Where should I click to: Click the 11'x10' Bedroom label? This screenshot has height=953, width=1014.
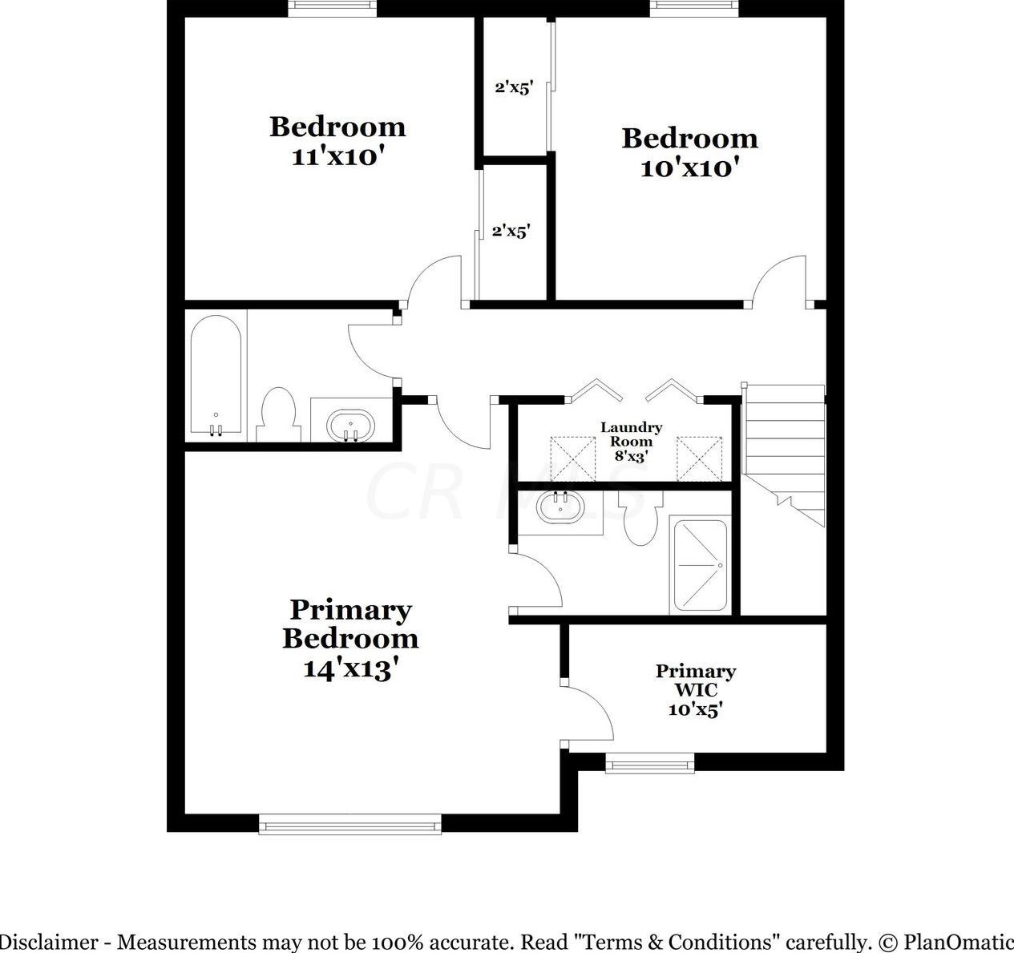click(337, 140)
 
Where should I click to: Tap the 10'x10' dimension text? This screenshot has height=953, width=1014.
click(689, 168)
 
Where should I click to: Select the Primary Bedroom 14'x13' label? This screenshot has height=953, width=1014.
click(350, 639)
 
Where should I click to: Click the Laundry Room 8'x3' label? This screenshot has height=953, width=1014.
click(632, 442)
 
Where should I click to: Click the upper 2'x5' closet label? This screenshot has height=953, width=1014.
click(514, 87)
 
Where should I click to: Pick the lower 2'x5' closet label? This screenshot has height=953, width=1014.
click(511, 232)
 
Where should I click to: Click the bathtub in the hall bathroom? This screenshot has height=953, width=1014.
click(216, 377)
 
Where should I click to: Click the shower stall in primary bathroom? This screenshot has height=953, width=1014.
click(700, 565)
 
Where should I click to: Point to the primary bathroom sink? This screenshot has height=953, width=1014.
click(559, 507)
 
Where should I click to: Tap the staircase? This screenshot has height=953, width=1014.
click(784, 453)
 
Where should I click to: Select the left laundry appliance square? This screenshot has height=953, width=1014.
click(572, 458)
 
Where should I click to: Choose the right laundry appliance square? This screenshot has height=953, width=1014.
click(699, 458)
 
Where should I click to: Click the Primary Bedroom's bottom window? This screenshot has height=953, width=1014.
click(349, 824)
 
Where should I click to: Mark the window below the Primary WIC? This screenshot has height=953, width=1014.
click(649, 763)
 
